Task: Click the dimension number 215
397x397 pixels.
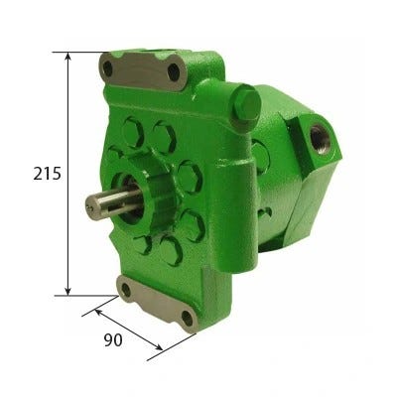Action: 48,174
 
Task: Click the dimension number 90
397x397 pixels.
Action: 113,340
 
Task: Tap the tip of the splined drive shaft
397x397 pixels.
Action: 89,206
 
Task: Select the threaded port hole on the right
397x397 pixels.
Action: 320,139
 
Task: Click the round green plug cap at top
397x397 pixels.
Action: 246,104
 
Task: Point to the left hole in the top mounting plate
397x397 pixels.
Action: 108,68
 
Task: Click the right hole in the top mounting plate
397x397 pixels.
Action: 174,72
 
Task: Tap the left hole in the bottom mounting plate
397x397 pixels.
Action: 126,290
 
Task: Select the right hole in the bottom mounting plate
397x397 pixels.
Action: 187,319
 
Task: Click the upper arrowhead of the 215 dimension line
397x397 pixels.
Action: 67,56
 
